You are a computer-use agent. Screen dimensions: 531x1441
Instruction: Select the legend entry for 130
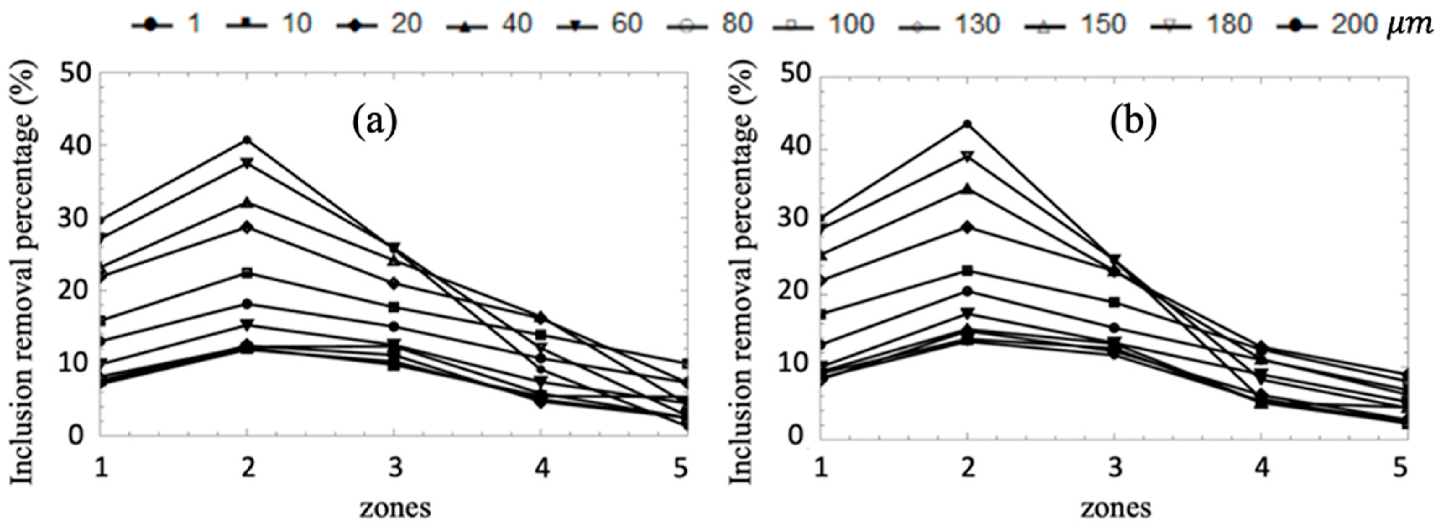pyautogui.click(x=949, y=25)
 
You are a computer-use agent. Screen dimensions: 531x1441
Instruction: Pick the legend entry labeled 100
pyautogui.click(x=822, y=25)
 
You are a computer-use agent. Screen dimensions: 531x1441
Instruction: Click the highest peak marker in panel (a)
pyautogui.click(x=247, y=140)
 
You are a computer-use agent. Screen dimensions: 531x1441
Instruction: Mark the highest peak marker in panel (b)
pyautogui.click(x=967, y=124)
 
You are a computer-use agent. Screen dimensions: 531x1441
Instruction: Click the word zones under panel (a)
pyautogui.click(x=395, y=508)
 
